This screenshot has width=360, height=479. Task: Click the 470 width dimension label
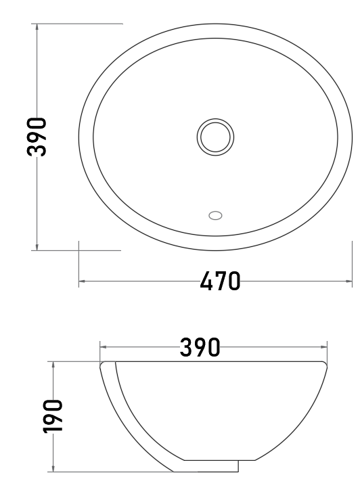point(220,281)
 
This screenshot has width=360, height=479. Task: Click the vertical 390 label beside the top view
point(37,137)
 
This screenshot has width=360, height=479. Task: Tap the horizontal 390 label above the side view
point(200,347)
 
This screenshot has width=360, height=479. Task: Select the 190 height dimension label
point(53,416)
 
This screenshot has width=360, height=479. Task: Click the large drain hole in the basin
point(215,137)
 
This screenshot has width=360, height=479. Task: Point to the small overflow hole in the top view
point(215,215)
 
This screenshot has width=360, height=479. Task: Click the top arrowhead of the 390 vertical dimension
point(37,26)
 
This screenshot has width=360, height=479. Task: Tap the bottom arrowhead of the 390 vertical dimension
point(37,247)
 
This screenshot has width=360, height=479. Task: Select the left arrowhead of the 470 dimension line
point(82,281)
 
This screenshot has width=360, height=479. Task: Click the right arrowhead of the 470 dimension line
point(348,281)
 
